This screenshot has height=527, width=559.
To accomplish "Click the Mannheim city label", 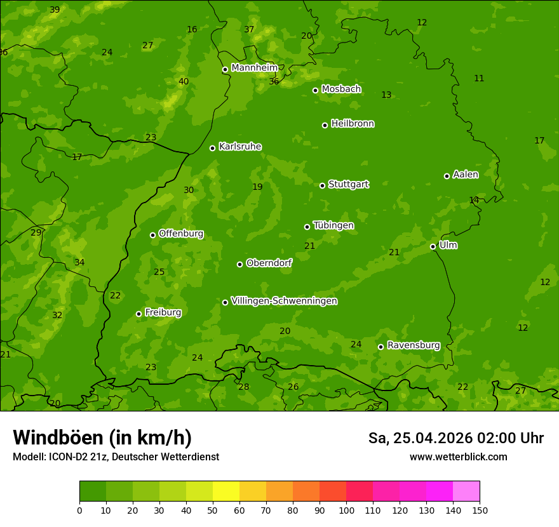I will tap(255, 68).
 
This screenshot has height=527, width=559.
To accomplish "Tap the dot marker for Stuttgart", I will tap(322, 185).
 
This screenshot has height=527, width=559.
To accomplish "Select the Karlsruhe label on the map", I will tap(240, 147).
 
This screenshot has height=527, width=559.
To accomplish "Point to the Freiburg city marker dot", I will tap(138, 314).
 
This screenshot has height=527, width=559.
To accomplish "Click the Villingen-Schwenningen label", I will tap(284, 301).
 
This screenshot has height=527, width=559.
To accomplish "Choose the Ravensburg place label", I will tap(414, 345).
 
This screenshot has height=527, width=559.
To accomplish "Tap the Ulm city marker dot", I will tap(433, 246).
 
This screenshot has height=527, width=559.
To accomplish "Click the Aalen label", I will tap(466, 175).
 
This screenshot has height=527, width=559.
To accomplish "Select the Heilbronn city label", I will tap(353, 124).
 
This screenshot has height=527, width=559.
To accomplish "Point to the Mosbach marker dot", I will tap(315, 90).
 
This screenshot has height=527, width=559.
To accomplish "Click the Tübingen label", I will tap(333, 225).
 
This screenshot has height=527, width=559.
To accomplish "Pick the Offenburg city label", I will tap(181, 234).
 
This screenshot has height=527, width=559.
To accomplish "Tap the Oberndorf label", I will tap(269, 263).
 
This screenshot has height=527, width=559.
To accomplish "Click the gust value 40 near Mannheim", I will tap(184, 81).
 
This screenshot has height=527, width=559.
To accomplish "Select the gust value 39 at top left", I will tap(55, 10).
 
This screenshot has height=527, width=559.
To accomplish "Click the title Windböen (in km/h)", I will tap(102, 437).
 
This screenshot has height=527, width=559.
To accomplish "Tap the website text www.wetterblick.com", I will tap(458, 457).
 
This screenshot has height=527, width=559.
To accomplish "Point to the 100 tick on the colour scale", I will tap(346, 510).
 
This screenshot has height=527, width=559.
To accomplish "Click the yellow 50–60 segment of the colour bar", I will tap(226, 491).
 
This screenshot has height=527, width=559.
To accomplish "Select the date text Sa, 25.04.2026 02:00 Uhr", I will tap(455, 438).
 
